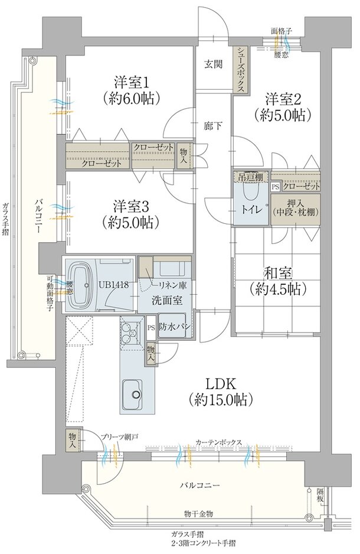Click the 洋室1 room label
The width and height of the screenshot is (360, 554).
coord(131,83)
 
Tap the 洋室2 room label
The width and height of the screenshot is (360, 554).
coord(283,99)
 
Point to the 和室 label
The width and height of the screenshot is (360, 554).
coord(278,273)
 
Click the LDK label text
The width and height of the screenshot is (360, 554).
coord(220,383)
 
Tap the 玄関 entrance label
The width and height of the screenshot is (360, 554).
coord(214,64)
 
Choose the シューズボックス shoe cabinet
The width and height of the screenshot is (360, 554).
coord(241,70)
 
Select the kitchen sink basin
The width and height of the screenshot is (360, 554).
coord(132,395)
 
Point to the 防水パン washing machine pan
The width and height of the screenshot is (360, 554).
coord(172,326)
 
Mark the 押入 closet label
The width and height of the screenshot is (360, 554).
coord(296,203)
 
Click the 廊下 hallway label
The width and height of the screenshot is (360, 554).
coord(213,126)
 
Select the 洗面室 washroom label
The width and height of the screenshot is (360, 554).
coord(167,300)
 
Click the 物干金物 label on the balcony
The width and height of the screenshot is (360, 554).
coord(198,513)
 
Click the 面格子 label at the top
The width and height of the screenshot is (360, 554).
coord(282,31)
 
